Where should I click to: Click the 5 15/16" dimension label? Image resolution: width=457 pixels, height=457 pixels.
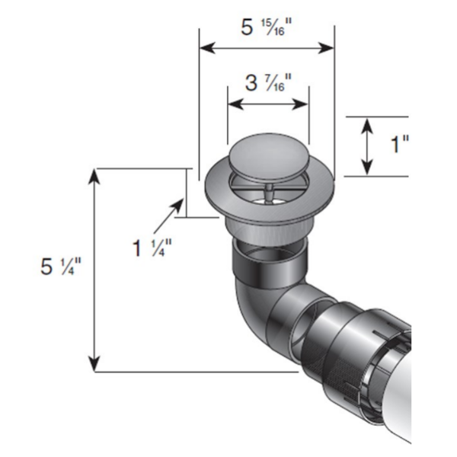266,29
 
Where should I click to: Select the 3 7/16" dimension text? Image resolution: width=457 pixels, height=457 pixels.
268,84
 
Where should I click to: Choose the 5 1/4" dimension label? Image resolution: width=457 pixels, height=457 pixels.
61,267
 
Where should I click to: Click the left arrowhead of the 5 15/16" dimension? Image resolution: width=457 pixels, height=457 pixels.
204,48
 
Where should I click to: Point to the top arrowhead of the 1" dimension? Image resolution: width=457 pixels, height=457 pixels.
367,123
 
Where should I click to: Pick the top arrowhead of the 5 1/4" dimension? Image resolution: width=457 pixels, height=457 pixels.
95,175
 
